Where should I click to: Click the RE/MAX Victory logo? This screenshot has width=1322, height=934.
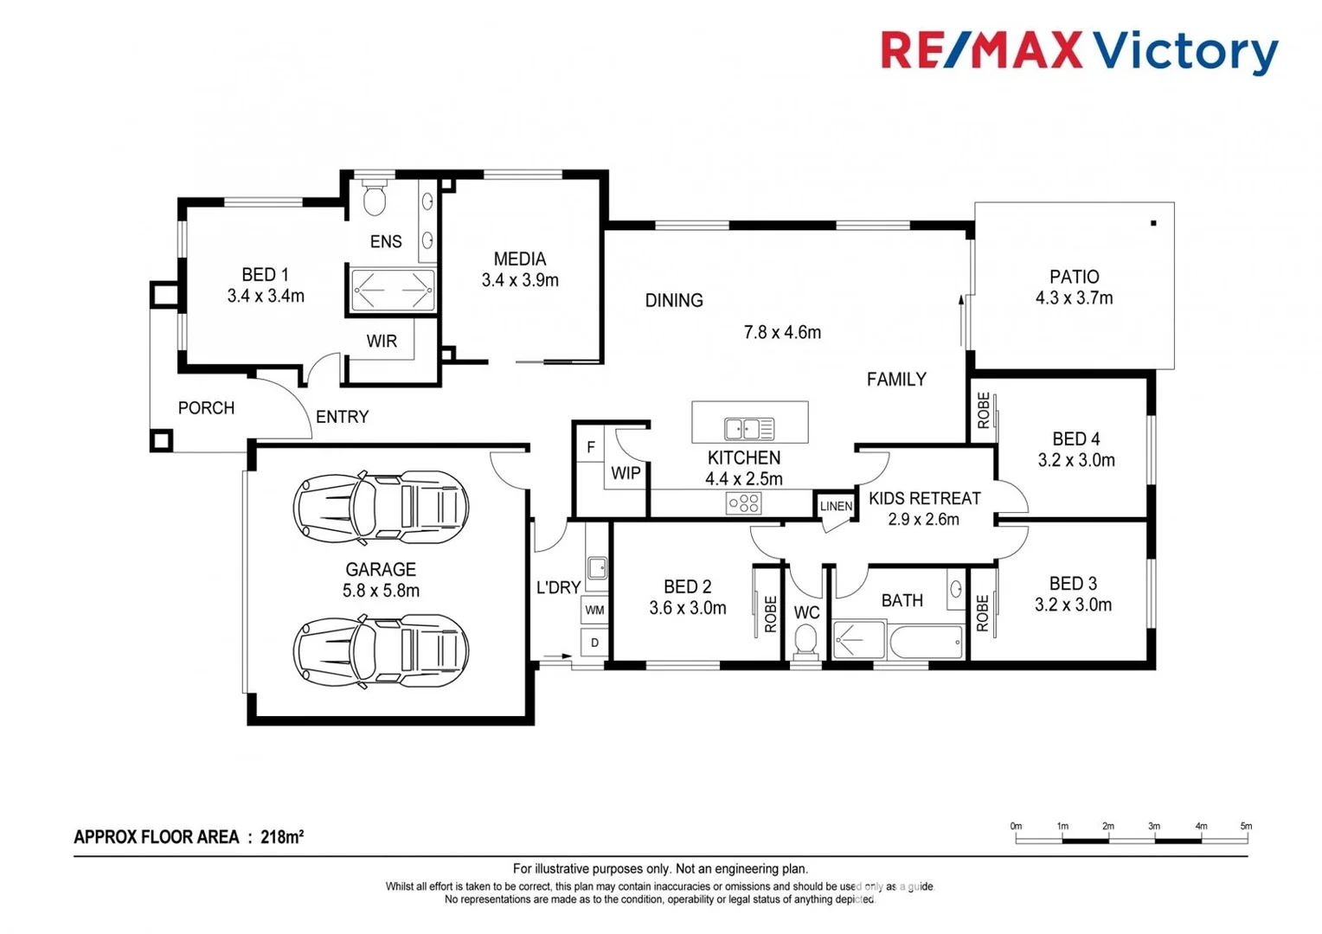point(1078,51)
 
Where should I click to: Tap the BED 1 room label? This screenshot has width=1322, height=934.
point(265,275)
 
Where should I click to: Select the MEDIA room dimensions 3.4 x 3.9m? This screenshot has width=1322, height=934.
point(520,280)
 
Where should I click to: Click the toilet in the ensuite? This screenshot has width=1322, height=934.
point(374,199)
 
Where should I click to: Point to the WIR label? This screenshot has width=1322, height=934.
point(382,342)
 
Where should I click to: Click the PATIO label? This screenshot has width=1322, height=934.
point(1074,277)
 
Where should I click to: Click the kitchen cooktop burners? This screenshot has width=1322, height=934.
point(743,502)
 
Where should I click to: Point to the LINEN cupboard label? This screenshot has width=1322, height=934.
point(836,506)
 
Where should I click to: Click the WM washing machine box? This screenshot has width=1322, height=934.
point(594,610)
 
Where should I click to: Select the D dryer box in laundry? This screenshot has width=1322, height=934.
point(594,643)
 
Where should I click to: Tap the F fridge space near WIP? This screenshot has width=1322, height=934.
point(591,447)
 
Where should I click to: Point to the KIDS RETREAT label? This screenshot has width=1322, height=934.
point(924,498)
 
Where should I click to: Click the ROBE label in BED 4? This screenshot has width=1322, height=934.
point(983,411)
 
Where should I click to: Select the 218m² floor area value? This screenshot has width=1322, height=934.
point(282,837)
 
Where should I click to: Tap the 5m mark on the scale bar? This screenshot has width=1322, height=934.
point(1246,827)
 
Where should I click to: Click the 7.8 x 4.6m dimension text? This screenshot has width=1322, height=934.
point(782,332)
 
